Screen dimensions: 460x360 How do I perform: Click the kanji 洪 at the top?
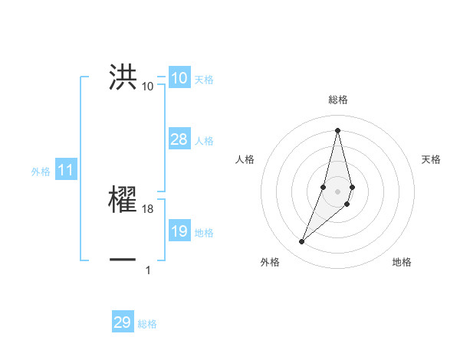[x=123, y=77]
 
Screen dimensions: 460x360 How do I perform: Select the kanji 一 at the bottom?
[x=123, y=260]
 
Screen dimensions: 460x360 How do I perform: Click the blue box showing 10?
[x=179, y=78]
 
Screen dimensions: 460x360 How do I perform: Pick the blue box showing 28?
[x=179, y=139]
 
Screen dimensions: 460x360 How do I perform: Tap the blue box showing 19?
[x=179, y=231]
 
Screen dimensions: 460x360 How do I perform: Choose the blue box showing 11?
[x=65, y=171]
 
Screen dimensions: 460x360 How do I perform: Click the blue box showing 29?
[x=123, y=322]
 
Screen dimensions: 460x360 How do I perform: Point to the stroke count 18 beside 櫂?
[x=148, y=209]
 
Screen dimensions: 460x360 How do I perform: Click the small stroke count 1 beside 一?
[x=148, y=270]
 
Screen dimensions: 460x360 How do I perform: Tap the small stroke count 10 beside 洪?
[x=148, y=87]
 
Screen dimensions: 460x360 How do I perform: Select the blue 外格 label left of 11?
[x=41, y=172]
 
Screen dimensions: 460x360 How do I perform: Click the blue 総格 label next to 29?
[x=147, y=324]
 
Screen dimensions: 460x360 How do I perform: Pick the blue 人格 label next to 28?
[x=204, y=141]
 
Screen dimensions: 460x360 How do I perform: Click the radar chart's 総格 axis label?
[x=338, y=100]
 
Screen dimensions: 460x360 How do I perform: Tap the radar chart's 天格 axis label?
[x=432, y=159]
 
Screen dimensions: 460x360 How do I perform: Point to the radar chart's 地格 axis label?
[x=402, y=263]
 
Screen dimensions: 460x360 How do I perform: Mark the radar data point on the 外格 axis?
[x=302, y=242]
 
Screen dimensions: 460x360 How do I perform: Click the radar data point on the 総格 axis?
[x=338, y=129]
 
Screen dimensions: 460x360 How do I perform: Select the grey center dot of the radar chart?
[x=338, y=191]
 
